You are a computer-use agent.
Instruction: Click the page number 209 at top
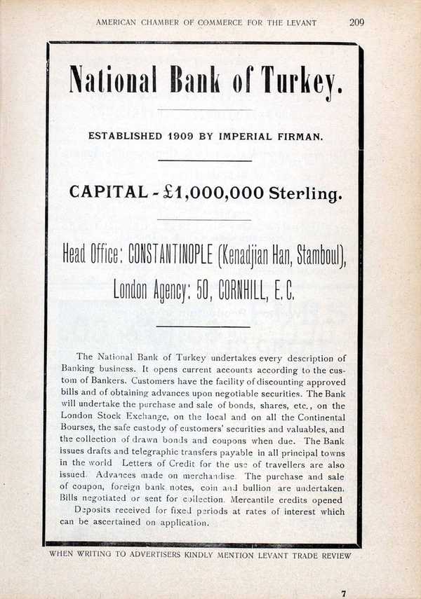click(x=356, y=22)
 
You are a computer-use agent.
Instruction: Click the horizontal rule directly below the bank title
click(x=204, y=110)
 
